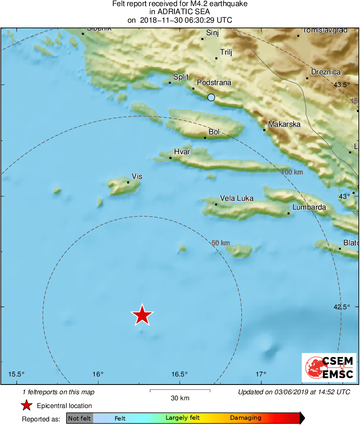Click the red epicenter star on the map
142,315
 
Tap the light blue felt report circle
211,97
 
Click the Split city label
180,76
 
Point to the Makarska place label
284,124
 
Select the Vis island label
137,176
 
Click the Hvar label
182,152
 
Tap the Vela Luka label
236,198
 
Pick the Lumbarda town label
309,207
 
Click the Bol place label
214,132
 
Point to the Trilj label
226,52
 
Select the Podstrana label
214,83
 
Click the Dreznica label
326,72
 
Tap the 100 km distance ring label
292,172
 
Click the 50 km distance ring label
221,243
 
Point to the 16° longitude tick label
98,374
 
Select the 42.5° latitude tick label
341,307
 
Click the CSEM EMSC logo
329,368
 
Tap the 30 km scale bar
180,391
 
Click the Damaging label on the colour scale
245,418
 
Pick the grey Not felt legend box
79,418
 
